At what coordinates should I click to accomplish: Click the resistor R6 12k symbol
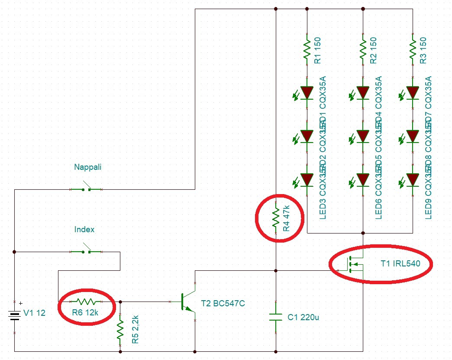coord(86,301)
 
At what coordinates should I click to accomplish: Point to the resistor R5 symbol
coord(120,329)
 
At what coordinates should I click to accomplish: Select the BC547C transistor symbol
coord(187,302)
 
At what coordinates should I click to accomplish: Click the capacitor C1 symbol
coord(275,317)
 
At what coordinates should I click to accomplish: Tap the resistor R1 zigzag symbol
coord(307,50)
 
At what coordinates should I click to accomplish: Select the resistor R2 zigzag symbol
coord(363,50)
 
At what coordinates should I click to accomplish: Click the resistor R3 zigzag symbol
coord(413,50)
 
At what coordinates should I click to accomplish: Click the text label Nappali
coord(87,167)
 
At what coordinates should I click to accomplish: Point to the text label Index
coord(84,229)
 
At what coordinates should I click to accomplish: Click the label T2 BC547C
coord(223,304)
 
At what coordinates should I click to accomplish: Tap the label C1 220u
coord(303,318)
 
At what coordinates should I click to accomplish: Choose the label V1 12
coord(34,312)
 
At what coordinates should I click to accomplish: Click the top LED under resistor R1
coord(307,92)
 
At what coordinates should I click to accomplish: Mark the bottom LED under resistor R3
coord(413,179)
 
